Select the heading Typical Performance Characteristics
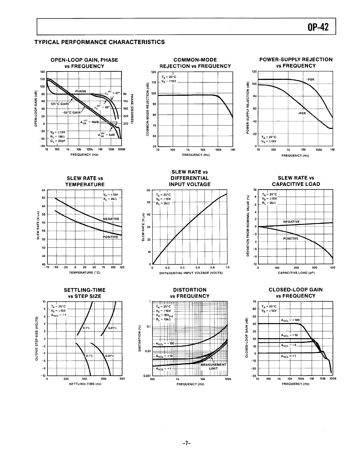tap(99, 42)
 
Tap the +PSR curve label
tap(310, 79)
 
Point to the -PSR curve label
tap(301, 114)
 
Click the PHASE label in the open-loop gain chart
tap(80, 91)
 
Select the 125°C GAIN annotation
tap(59, 104)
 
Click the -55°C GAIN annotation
tap(71, 112)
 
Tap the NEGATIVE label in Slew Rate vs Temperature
tap(111, 219)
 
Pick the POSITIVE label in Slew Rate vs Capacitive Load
tap(291, 239)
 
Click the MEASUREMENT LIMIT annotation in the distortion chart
tap(213, 366)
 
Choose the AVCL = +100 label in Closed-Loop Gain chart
tap(291, 320)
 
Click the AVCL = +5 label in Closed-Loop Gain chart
tap(289, 345)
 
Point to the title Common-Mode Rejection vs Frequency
tap(195, 63)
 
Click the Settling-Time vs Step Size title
tap(85, 293)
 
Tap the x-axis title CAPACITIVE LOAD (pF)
tap(296, 273)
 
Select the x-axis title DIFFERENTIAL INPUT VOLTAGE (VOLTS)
tap(191, 273)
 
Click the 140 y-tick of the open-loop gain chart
tap(43, 72)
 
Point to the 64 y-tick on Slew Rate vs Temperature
tap(43, 190)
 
